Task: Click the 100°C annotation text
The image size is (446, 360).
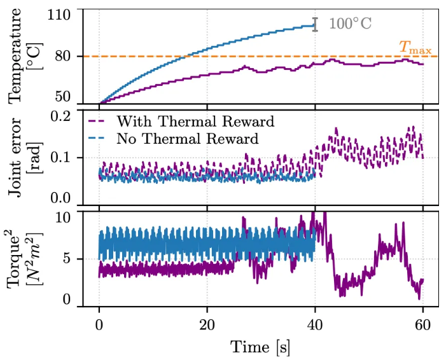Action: click(x=350, y=24)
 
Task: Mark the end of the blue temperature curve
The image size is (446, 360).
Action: click(x=315, y=26)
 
